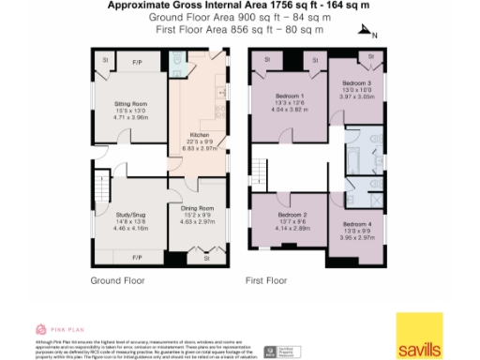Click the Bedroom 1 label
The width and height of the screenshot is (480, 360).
click(x=291, y=97)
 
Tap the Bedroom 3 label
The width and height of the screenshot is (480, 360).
click(x=357, y=83)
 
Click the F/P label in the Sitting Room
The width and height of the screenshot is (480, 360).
click(x=137, y=63)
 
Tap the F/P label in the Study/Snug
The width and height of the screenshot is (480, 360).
click(x=137, y=256)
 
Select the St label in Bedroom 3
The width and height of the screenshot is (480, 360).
click(x=371, y=56)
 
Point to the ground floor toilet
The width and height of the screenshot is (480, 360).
click(x=176, y=66)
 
